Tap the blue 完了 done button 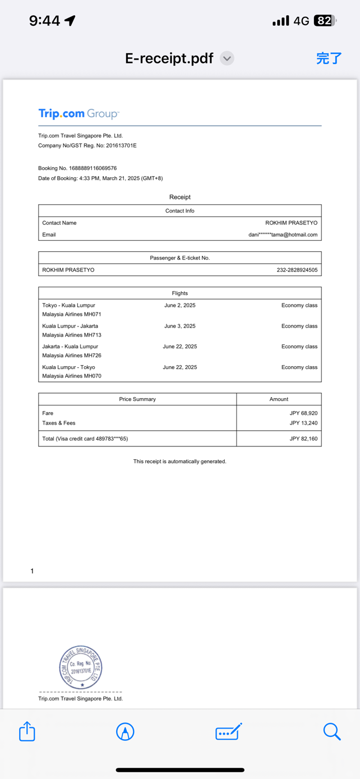329,58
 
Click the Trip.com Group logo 79,114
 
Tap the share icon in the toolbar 27,731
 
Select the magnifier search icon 331,731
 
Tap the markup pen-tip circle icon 125,731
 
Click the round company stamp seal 81,667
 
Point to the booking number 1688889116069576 93,168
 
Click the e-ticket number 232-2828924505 297,270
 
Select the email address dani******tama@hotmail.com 283,234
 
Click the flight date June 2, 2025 180,306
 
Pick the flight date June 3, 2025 180,326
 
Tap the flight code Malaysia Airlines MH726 72,356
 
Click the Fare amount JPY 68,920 303,413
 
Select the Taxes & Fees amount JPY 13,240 303,423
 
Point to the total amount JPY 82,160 303,439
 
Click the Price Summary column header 137,399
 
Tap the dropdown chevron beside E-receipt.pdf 227,58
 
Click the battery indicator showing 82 325,21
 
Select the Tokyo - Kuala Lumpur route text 68,306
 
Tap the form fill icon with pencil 228,731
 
